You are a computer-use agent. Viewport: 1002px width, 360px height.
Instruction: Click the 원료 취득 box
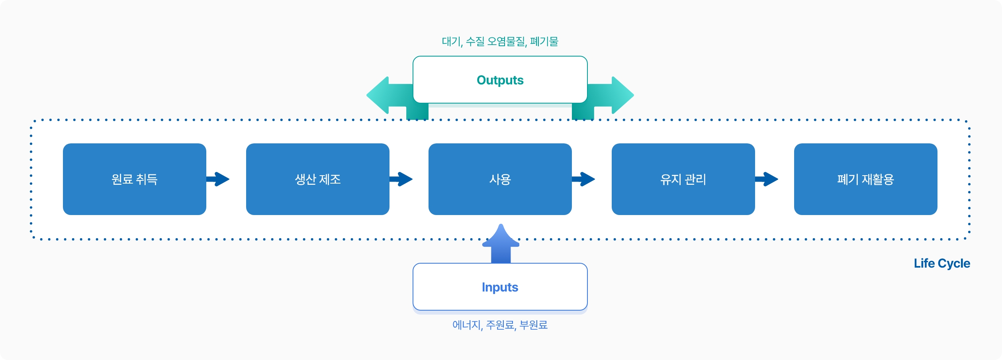[135, 179]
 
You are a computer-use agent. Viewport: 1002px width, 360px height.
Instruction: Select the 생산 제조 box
[318, 179]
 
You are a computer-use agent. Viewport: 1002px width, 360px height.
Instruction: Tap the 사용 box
[500, 179]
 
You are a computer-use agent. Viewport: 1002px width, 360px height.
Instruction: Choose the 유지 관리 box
[683, 179]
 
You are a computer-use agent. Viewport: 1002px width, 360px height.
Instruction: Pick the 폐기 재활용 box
[866, 179]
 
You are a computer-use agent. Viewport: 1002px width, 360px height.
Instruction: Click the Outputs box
[500, 80]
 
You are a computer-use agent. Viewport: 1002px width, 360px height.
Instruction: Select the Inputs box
[500, 287]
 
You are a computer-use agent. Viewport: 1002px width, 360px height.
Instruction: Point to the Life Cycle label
[942, 264]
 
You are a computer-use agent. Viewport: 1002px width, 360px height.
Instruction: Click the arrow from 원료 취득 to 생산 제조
[218, 179]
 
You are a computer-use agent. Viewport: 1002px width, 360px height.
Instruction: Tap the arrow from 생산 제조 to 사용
[401, 179]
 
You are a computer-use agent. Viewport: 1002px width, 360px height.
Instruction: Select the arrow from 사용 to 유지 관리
[583, 179]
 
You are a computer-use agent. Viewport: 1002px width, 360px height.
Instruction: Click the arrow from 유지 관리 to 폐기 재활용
[767, 179]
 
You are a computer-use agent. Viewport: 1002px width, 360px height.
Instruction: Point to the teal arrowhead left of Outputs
[378, 95]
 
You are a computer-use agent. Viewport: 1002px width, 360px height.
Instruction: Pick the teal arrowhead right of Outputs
[622, 95]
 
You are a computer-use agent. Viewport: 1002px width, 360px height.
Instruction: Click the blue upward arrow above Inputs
[501, 244]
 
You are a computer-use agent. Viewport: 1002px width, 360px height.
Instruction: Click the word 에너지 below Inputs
[467, 325]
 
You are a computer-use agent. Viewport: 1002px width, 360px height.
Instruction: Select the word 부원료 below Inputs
[534, 325]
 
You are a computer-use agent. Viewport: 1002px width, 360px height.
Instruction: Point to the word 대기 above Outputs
[451, 41]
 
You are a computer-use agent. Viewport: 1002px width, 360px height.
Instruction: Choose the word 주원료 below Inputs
[500, 325]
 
